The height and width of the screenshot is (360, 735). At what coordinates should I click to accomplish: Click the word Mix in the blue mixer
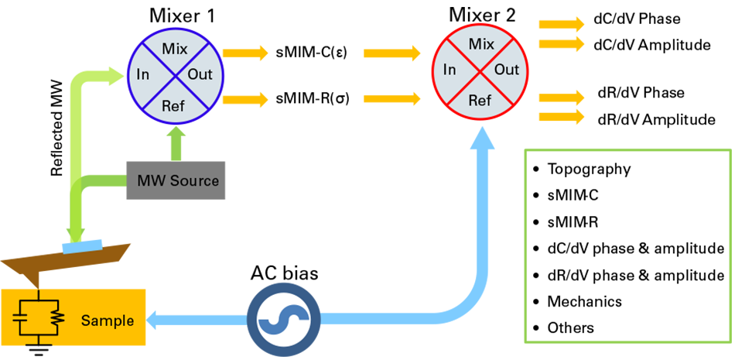click(171, 49)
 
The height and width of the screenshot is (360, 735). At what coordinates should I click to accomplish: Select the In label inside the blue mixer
click(142, 75)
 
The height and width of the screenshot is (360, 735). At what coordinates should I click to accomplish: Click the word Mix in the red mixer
click(480, 44)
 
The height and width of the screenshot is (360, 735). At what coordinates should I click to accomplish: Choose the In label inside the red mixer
click(450, 70)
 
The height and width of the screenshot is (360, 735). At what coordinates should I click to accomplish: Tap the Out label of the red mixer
click(507, 70)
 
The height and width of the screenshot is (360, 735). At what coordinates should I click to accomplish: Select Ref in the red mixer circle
click(480, 101)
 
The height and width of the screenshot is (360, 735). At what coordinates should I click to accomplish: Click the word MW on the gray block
click(152, 181)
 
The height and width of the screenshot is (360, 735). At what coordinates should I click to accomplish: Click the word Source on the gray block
click(197, 181)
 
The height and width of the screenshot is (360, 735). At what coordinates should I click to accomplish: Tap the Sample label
click(108, 321)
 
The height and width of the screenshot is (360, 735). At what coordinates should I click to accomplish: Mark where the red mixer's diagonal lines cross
click(480, 70)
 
